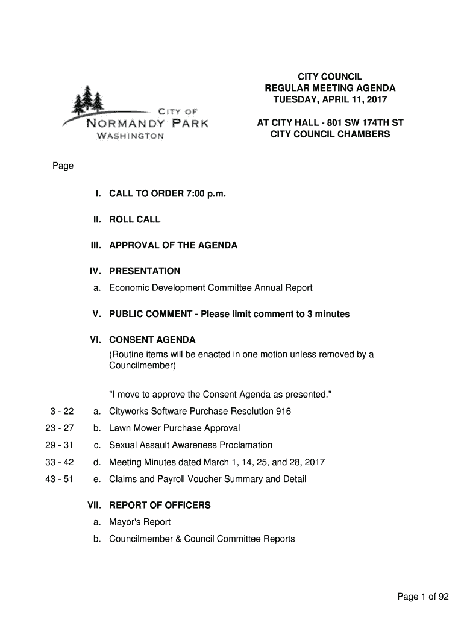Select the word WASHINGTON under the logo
point(130,136)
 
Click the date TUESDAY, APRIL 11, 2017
point(330,99)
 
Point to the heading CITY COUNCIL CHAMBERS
point(330,134)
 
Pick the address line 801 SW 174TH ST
point(360,123)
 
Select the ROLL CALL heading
point(134,219)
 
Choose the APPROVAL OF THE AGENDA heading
point(173,245)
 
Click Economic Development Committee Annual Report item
point(210,288)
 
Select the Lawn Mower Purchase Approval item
point(174,428)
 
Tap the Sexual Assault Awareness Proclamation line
point(190,445)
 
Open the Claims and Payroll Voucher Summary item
point(207,479)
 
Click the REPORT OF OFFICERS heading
point(160,505)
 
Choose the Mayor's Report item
point(140,522)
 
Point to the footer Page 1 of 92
point(423,597)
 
